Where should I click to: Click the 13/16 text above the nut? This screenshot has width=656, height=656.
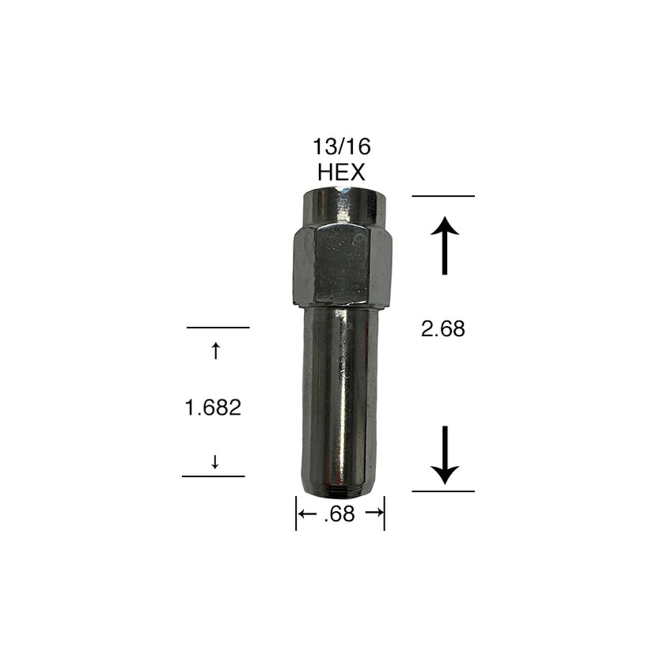point(342,146)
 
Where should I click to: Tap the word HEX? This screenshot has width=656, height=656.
point(342,172)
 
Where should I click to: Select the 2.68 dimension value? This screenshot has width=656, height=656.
point(443,329)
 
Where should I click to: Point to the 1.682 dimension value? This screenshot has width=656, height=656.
point(213,408)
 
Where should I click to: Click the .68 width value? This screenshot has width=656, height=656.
point(339,514)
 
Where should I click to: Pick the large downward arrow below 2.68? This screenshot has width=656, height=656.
point(445,455)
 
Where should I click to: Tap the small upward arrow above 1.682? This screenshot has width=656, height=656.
point(215,351)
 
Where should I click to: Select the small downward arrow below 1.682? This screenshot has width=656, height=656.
point(215,461)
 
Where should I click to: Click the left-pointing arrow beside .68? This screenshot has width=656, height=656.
point(308,514)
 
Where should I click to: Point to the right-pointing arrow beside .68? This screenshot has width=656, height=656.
point(374,514)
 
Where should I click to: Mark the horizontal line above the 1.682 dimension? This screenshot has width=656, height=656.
point(218,327)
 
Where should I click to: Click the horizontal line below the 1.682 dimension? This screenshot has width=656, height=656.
point(214,476)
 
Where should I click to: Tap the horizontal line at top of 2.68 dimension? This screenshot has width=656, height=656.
point(443,195)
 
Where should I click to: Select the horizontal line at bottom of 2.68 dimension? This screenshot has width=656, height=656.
point(443,491)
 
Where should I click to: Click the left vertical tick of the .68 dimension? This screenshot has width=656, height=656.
point(296,514)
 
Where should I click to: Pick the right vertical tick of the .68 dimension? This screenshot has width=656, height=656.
point(385,514)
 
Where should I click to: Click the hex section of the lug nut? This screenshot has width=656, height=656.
point(342,265)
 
